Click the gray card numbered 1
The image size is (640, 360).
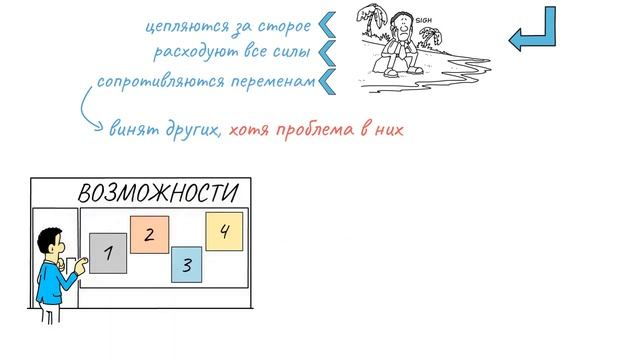(108, 253)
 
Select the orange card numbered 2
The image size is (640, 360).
(148, 236)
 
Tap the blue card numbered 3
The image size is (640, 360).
(187, 265)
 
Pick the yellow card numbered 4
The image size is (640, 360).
(224, 232)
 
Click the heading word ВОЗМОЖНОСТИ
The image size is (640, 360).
(159, 193)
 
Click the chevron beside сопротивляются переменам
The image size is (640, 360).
(326, 80)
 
